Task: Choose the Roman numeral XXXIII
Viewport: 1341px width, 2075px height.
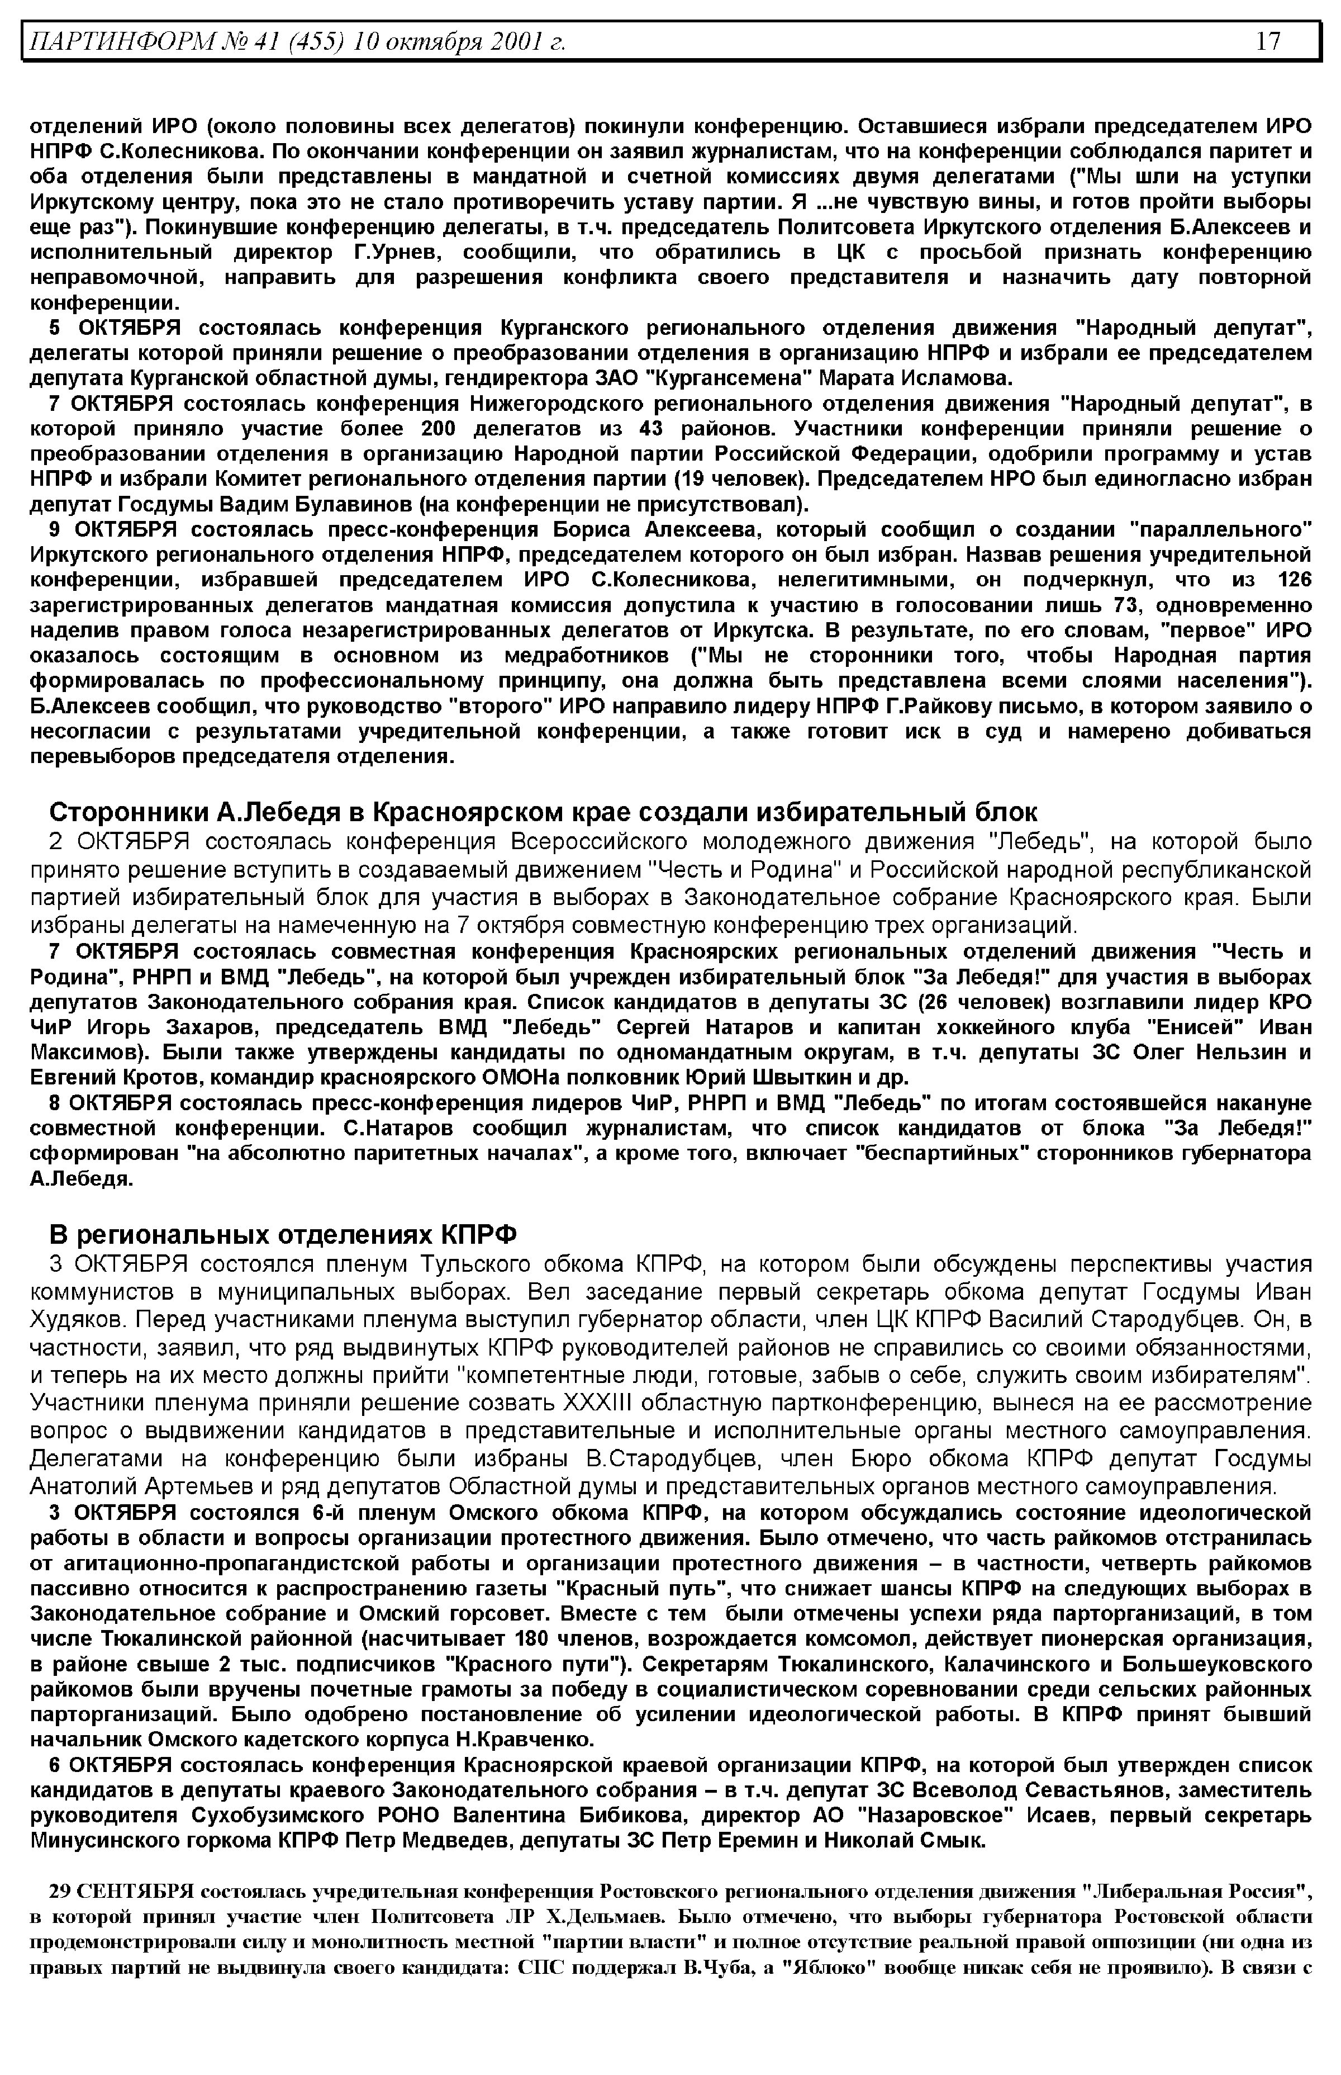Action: (x=594, y=1404)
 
